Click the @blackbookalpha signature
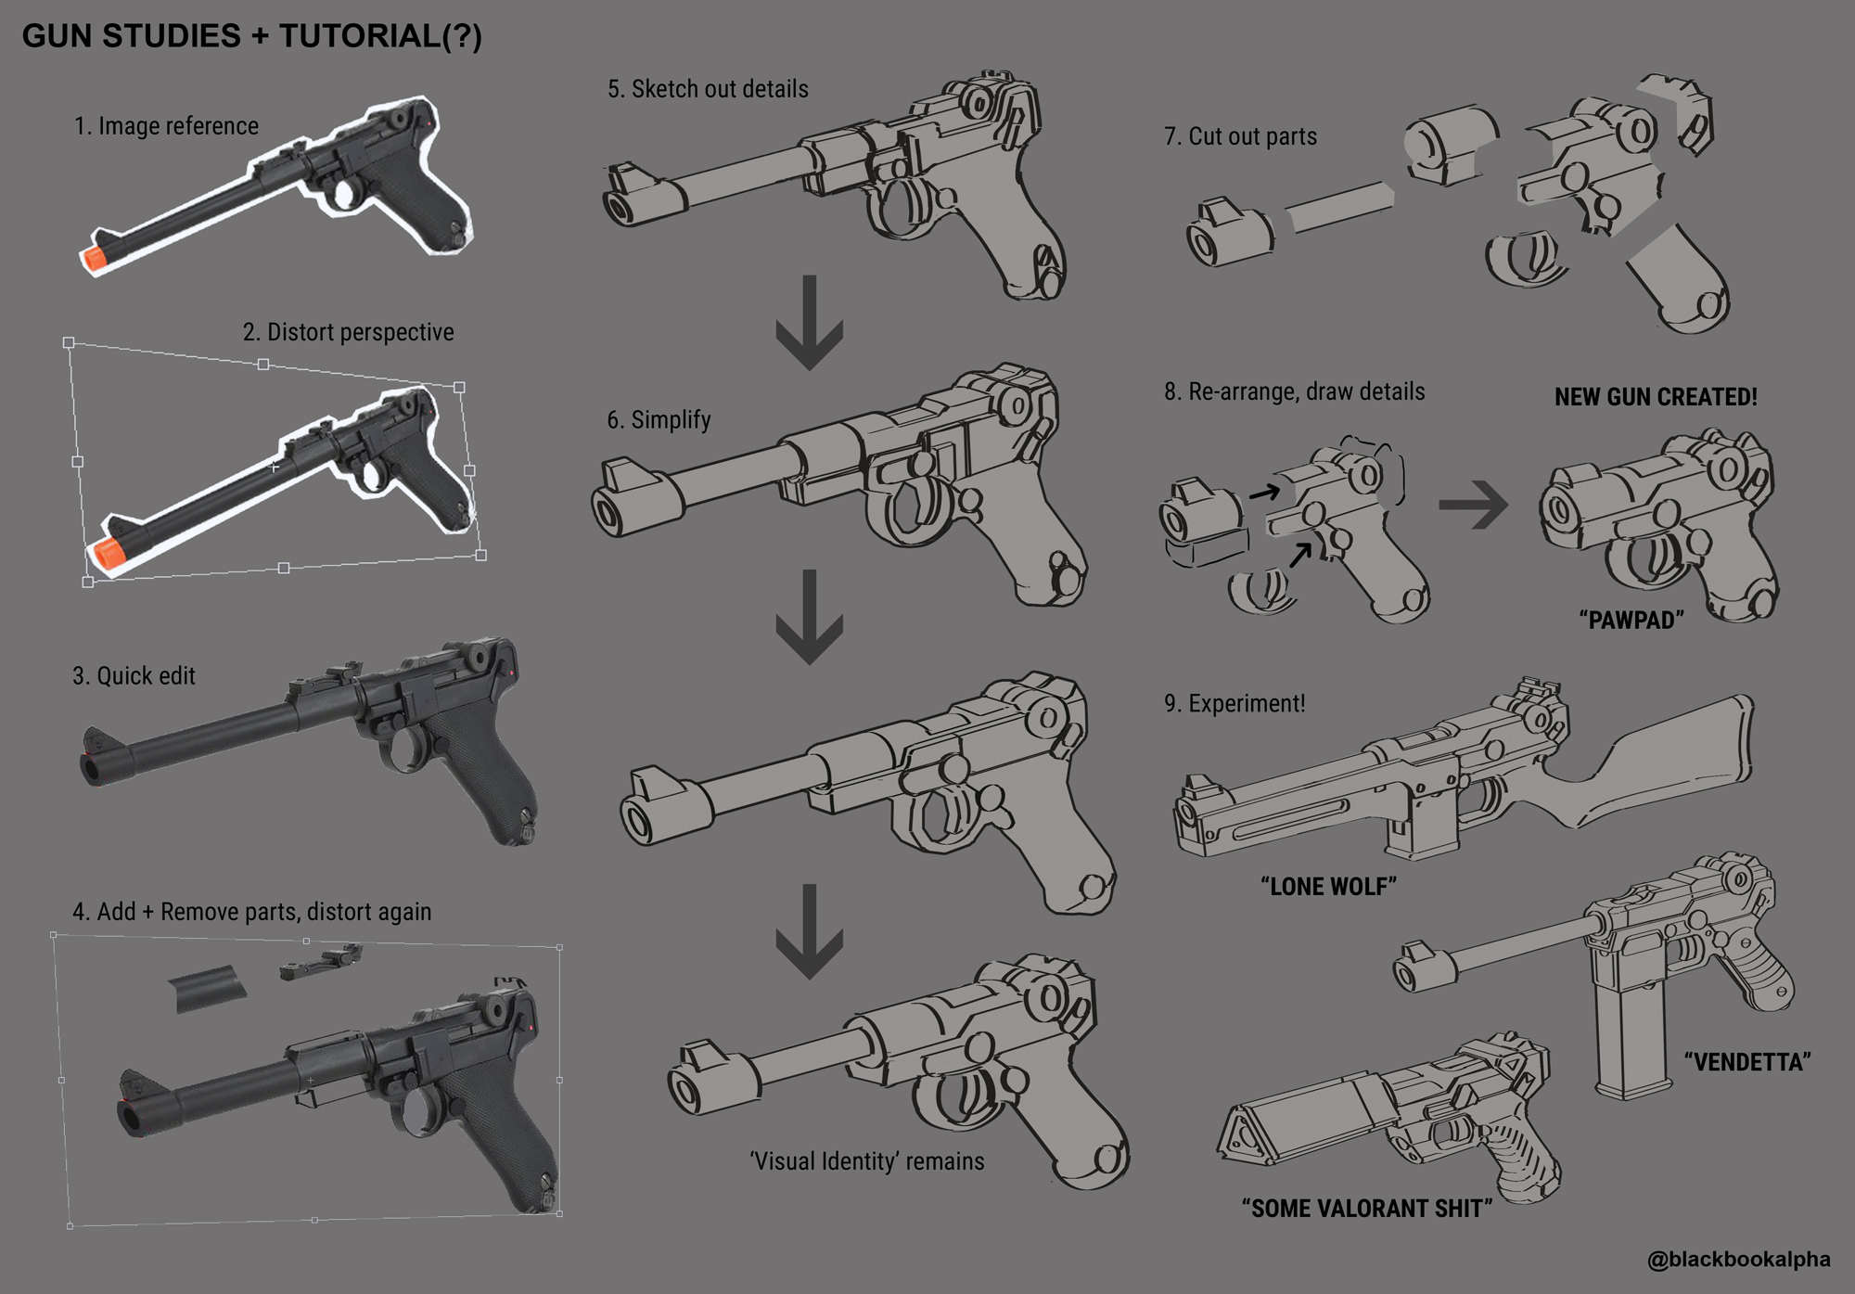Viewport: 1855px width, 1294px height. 1738,1259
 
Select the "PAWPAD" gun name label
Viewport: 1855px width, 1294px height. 1631,620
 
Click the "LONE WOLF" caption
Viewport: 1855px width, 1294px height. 1328,886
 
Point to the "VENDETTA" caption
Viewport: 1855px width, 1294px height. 1747,1061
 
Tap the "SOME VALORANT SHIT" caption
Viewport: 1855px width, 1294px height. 1367,1208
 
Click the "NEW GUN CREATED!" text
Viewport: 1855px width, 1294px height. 1656,397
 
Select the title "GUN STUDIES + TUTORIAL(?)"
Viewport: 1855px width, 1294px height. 252,36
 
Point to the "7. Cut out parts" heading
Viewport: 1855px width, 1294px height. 1240,136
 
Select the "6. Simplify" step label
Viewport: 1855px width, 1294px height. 659,420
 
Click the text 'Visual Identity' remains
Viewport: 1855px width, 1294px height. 866,1161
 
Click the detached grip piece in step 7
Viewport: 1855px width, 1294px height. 1679,278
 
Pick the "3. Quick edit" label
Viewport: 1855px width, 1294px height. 134,675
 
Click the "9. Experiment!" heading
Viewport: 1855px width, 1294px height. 1235,703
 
